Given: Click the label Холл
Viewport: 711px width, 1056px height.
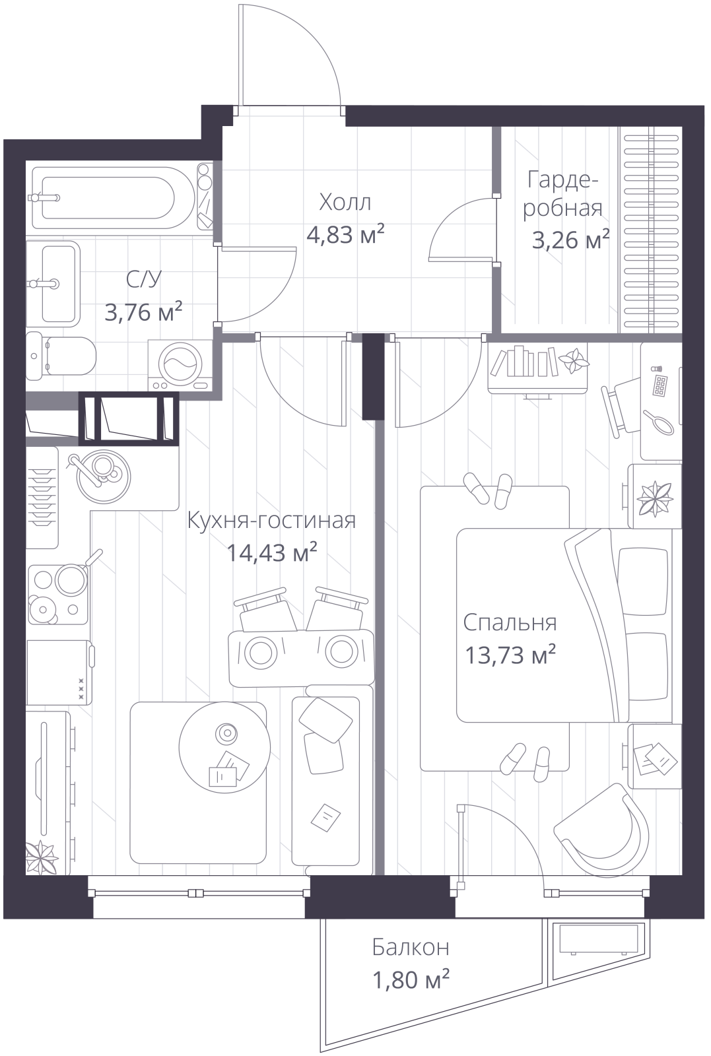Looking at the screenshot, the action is pyautogui.click(x=345, y=202).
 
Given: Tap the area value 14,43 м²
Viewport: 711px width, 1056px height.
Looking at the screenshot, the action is pyautogui.click(x=271, y=552).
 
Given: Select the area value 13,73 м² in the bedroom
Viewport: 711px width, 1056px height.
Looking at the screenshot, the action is pyautogui.click(x=510, y=654).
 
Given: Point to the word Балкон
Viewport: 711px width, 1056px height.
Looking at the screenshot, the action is pyautogui.click(x=411, y=947).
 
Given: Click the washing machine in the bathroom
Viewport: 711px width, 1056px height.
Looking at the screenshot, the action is pyautogui.click(x=180, y=366).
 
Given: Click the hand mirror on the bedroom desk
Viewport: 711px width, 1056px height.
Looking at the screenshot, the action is pyautogui.click(x=659, y=423).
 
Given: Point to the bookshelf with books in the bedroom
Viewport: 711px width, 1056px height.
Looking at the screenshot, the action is pyautogui.click(x=538, y=368).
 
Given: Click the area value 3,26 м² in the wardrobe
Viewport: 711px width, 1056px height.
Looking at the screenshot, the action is pyautogui.click(x=570, y=240).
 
